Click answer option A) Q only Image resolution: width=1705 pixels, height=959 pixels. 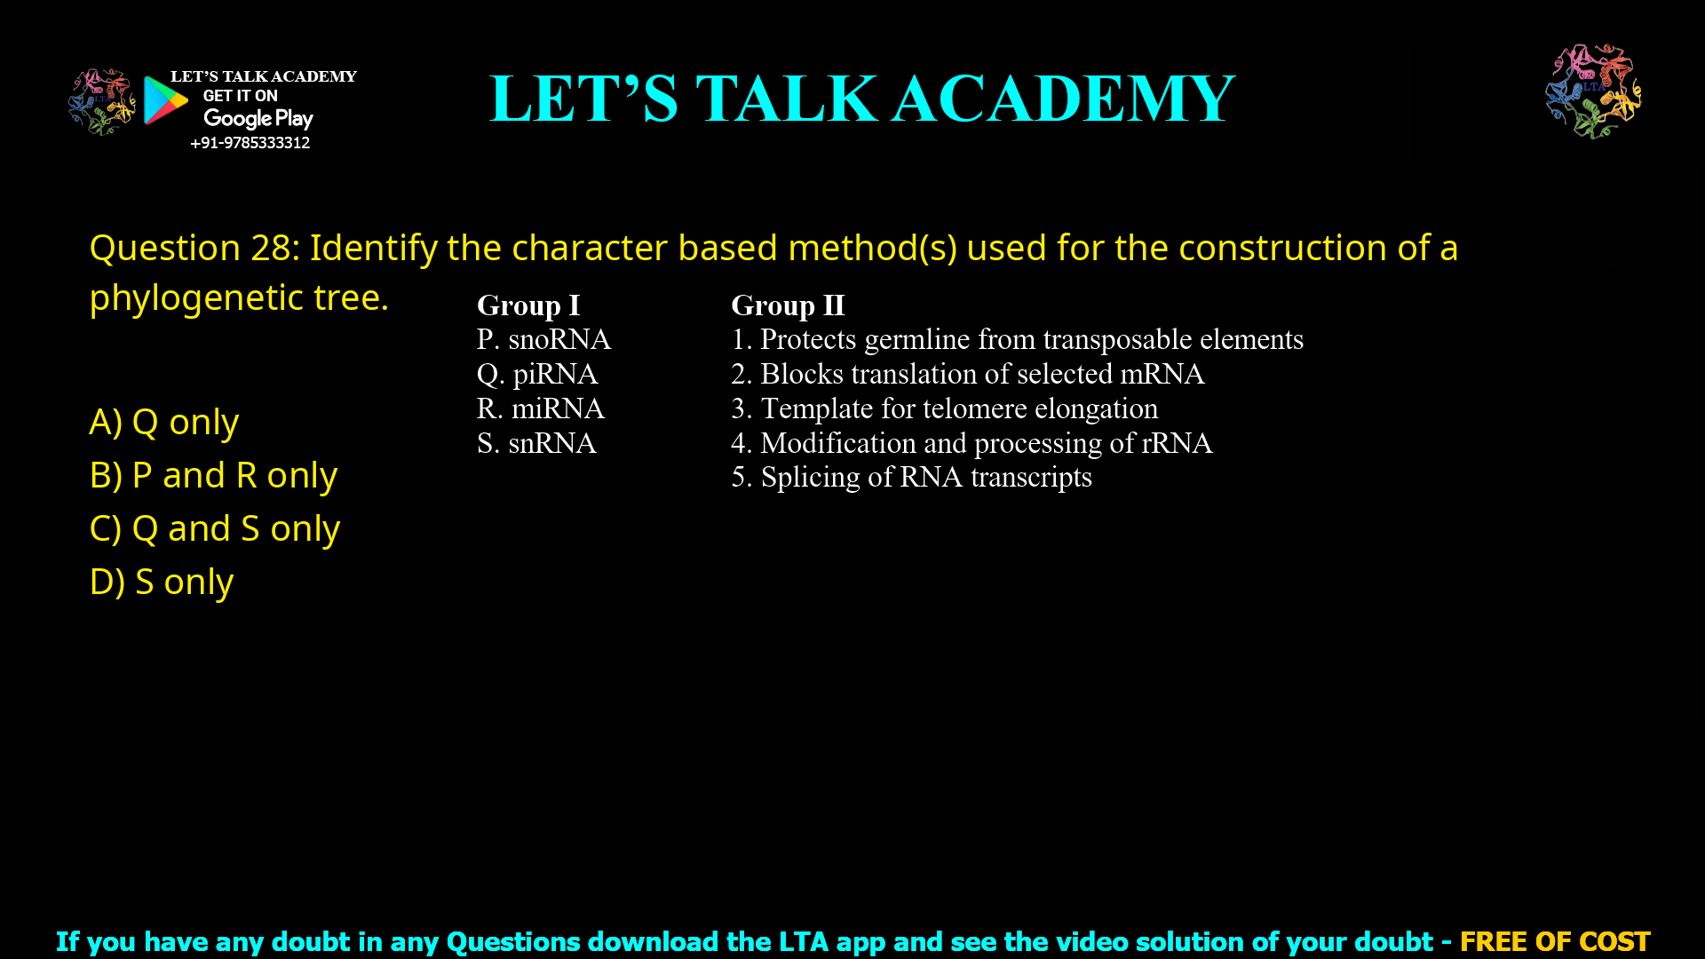(x=164, y=423)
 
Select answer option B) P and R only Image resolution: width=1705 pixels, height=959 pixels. (x=213, y=476)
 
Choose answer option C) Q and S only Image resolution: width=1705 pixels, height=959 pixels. (x=215, y=529)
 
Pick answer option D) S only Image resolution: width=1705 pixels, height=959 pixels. (x=162, y=583)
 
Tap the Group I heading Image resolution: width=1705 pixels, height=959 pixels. (x=528, y=305)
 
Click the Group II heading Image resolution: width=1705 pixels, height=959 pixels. (x=788, y=305)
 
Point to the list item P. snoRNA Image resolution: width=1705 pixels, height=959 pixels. (x=543, y=339)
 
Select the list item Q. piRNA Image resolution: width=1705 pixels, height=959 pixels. (x=537, y=374)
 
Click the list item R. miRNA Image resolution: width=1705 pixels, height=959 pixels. (x=540, y=408)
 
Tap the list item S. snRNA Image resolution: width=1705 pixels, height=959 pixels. (x=536, y=443)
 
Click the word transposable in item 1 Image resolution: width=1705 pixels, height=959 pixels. (x=1105, y=339)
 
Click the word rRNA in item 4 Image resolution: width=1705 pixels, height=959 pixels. (x=1177, y=443)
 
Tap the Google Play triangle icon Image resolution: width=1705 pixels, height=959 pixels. (x=165, y=100)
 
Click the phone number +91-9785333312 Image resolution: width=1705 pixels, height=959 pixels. (x=250, y=143)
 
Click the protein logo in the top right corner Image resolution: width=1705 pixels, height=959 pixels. (x=1593, y=91)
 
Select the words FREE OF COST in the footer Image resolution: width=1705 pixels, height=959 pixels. (x=1555, y=941)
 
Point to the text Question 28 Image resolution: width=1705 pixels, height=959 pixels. (x=190, y=249)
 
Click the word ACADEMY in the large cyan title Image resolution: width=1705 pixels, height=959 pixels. (x=1063, y=99)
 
